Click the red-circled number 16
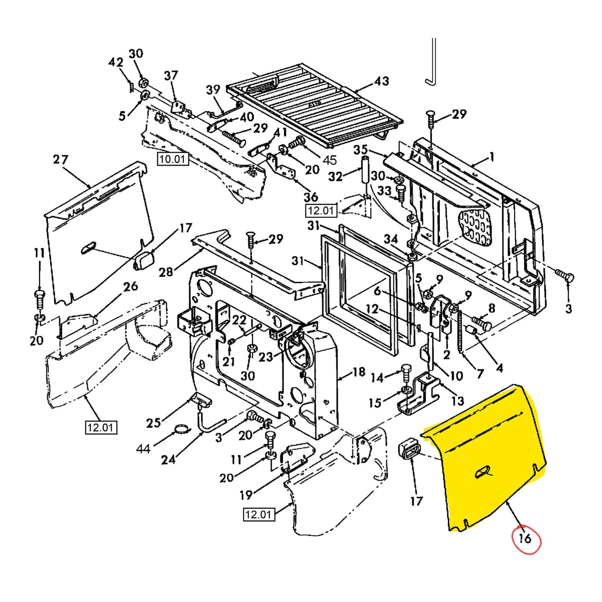point(525,538)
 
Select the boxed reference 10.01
point(172,159)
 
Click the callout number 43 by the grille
point(381,81)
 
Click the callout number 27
point(61,160)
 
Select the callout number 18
point(359,372)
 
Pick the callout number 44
point(143,448)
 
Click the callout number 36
point(311,196)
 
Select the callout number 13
point(458,401)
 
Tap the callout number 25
point(154,423)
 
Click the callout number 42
point(116,62)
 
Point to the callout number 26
point(130,286)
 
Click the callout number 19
point(246,495)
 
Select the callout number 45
point(330,160)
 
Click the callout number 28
point(166,272)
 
